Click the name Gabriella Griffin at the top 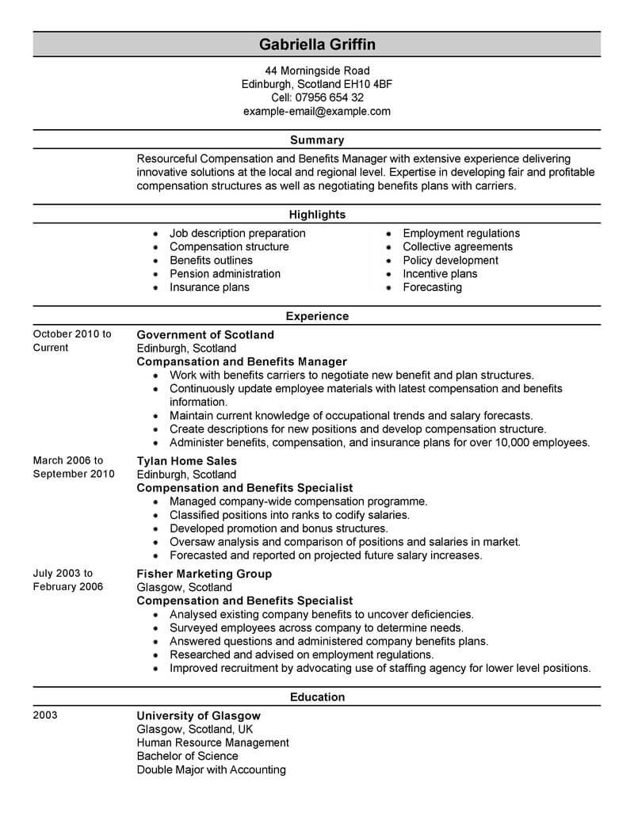coord(316,44)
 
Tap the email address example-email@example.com coord(316,111)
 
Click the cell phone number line coord(316,97)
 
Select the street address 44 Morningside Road coord(316,71)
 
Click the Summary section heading coord(316,140)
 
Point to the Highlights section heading coord(316,215)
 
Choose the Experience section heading coord(316,316)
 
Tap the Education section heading coord(316,697)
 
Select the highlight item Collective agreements coord(457,246)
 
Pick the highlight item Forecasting coord(432,287)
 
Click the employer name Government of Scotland coord(205,334)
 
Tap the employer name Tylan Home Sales coord(187,461)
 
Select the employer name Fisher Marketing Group coord(204,574)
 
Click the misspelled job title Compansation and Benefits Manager coord(242,361)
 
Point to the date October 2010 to coord(72,334)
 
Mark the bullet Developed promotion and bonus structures coord(279,528)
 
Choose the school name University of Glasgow coord(198,715)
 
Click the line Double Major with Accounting coord(211,769)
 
